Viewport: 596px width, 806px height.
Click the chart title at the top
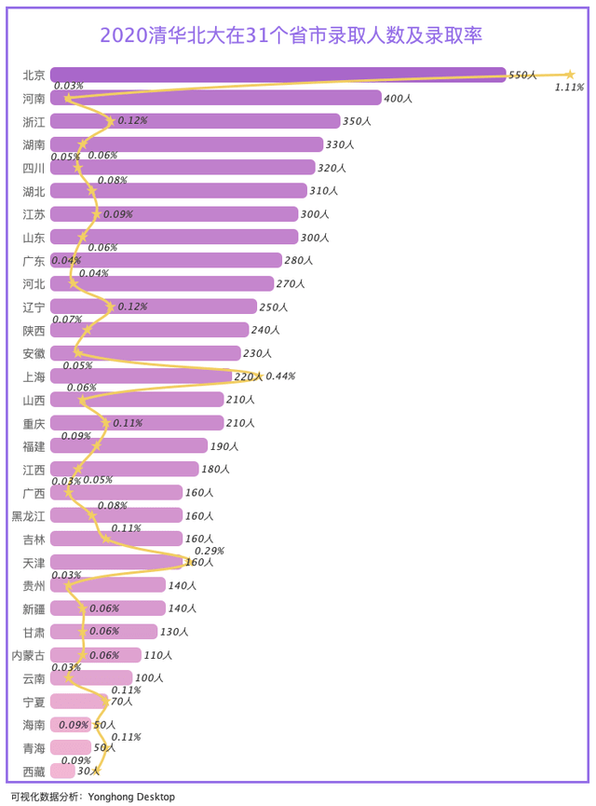291,35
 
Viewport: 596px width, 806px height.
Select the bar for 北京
278,75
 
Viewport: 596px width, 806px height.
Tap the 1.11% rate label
569,88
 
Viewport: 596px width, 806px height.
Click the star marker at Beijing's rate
569,75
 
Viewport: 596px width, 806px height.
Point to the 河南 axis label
34,98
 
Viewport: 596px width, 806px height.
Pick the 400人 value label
398,98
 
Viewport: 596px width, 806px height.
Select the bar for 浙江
196,121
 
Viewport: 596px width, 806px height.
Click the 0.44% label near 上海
280,376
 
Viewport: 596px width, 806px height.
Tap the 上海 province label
34,376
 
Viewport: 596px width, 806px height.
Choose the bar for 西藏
62,771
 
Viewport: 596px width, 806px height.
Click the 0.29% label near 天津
210,551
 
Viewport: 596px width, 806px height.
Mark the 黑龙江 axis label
28,516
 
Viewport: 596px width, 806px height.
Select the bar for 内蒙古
96,655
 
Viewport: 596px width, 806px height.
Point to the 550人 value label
522,75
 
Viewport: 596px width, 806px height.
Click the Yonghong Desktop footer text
131,797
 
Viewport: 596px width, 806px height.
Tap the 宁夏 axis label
34,702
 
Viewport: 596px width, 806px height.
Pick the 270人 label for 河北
291,284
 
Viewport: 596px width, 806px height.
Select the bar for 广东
166,260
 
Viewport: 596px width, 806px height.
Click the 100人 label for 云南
149,678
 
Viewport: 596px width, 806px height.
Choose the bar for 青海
71,747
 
